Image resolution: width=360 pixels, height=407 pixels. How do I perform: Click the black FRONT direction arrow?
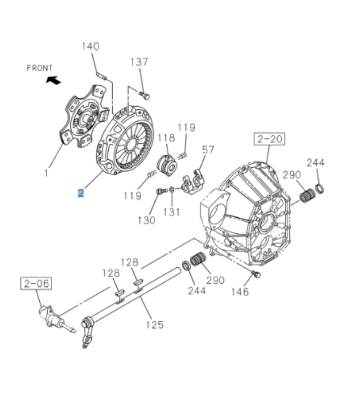click(x=54, y=80)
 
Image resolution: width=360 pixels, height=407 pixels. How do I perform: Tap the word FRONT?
click(x=40, y=68)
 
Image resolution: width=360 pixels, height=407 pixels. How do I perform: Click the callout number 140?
click(x=91, y=47)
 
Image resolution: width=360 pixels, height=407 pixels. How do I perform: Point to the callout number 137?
click(x=139, y=62)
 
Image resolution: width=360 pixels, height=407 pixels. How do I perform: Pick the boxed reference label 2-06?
click(x=36, y=283)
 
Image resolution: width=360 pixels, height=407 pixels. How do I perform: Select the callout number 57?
click(x=208, y=150)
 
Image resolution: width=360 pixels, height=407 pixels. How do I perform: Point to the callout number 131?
click(x=172, y=211)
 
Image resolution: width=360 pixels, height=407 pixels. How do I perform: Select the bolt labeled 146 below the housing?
click(x=256, y=275)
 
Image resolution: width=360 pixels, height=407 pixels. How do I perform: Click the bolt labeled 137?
click(x=145, y=96)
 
